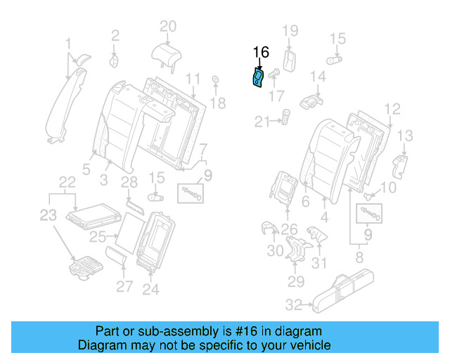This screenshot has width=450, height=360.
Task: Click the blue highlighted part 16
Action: click(258, 78)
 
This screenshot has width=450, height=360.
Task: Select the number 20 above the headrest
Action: click(167, 27)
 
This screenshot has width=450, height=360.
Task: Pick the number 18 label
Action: click(217, 103)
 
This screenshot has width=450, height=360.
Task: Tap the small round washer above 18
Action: click(215, 79)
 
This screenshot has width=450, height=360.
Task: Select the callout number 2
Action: click(115, 33)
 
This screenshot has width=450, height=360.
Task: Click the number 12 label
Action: click(392, 108)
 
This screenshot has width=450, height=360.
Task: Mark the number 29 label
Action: click(295, 282)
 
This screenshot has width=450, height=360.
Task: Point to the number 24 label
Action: click(150, 288)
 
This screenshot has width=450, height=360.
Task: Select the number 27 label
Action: click(124, 286)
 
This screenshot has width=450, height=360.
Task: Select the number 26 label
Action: click(289, 228)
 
